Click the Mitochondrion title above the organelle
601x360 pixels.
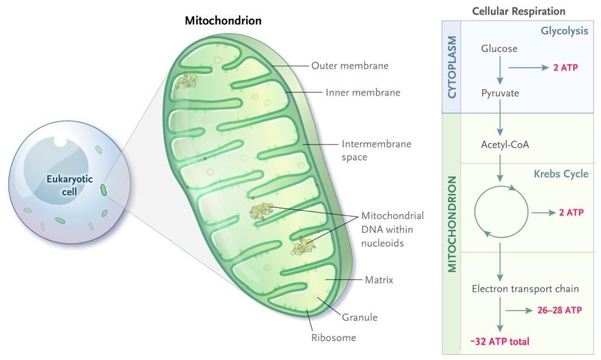pyautogui.click(x=223, y=21)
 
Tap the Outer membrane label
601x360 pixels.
pyautogui.click(x=349, y=65)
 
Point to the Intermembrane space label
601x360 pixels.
pyautogui.click(x=376, y=150)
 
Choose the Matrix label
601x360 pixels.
pyautogui.click(x=378, y=280)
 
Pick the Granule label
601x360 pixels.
pyautogui.click(x=360, y=317)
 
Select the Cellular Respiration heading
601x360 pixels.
pyautogui.click(x=518, y=12)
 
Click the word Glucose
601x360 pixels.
pyautogui.click(x=499, y=48)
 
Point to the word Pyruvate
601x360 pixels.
pyautogui.click(x=500, y=94)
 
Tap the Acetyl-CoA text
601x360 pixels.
pyautogui.click(x=500, y=145)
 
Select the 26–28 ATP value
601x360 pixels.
pyautogui.click(x=559, y=310)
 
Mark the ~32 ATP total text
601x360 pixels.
pyautogui.click(x=500, y=342)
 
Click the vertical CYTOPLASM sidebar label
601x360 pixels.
pyautogui.click(x=452, y=67)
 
